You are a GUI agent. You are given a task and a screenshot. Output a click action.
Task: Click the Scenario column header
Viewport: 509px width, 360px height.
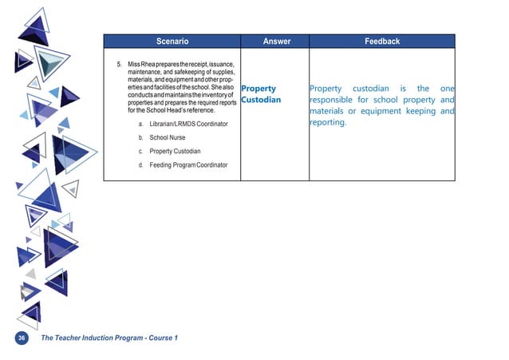point(172,41)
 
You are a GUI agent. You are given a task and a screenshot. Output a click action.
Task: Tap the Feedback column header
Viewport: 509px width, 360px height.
point(382,41)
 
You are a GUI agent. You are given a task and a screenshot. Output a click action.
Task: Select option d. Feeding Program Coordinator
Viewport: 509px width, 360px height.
point(183,165)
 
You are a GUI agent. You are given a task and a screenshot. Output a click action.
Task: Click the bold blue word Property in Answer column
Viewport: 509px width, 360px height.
point(258,89)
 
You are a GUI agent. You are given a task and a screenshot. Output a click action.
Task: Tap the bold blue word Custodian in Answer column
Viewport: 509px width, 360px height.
point(261,100)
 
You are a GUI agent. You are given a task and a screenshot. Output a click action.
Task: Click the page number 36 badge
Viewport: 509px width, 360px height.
point(22,338)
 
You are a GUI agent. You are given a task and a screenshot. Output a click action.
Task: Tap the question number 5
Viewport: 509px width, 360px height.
point(118,62)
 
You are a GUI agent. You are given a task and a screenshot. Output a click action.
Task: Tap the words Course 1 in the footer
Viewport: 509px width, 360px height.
point(164,338)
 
